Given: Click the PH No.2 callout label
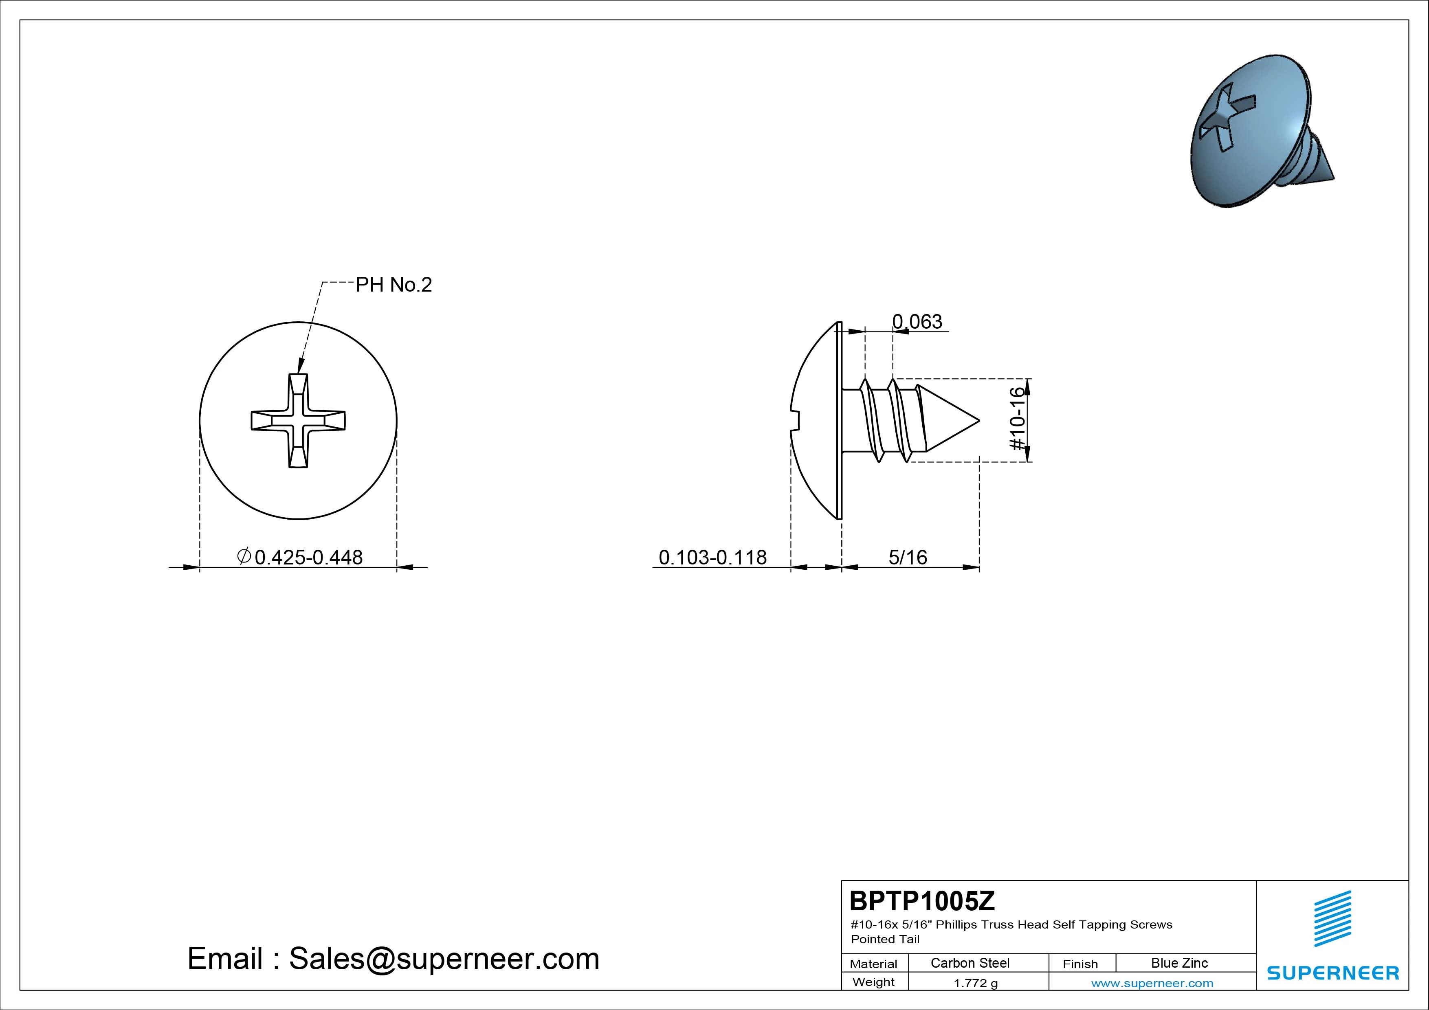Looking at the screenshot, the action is pos(394,285).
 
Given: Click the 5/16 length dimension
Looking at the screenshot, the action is pos(908,557).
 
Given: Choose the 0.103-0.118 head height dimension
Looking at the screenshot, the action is pos(712,557).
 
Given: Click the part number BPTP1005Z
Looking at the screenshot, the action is pos(922,900).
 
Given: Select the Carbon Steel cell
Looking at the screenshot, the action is pos(970,963).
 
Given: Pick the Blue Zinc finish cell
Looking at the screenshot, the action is pos(1179,963).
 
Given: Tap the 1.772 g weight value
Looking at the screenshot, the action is pos(975,983).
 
